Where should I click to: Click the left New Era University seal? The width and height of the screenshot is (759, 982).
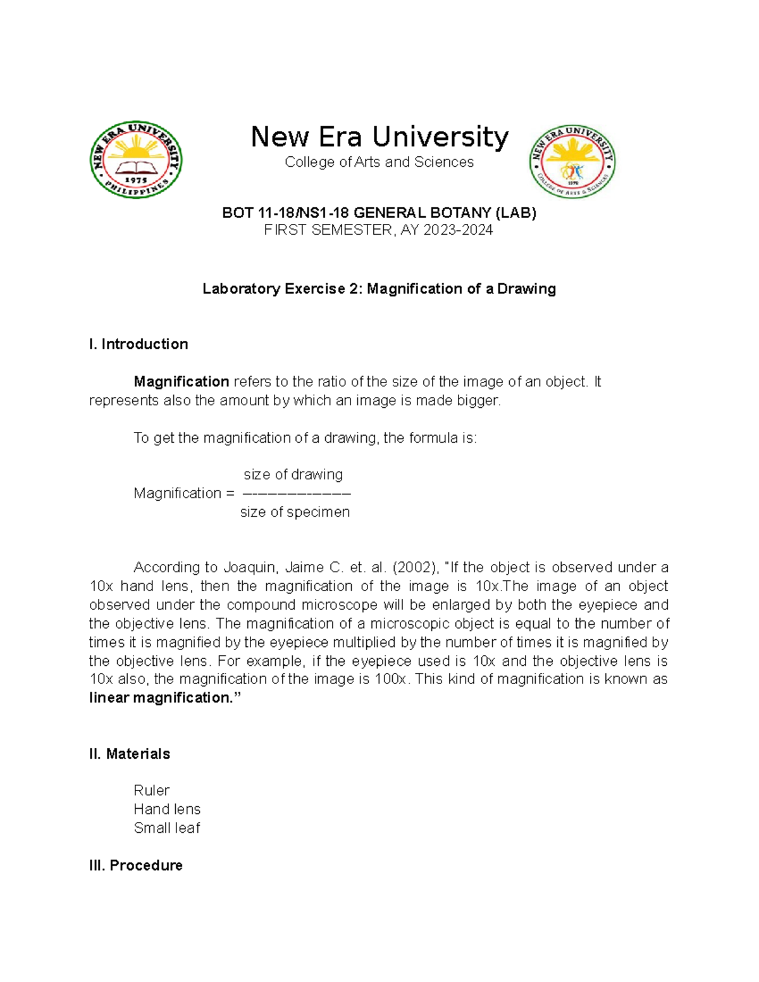136,160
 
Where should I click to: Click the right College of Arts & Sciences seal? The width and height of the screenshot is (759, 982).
572,162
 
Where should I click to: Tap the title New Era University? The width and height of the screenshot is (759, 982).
379,137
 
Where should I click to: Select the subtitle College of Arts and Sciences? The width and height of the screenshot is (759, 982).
379,163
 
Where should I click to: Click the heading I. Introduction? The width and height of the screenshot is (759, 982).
139,345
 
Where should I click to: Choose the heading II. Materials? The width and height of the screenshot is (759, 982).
130,754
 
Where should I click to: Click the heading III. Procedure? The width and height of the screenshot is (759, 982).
136,865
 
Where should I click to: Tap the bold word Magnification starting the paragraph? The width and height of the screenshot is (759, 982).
182,382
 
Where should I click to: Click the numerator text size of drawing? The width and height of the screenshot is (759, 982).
293,474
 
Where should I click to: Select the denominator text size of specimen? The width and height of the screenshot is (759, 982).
295,512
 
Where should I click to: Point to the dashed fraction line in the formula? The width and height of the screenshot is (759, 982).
297,493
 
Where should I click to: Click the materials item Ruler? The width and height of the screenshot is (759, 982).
152,790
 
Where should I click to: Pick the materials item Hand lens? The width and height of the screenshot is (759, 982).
167,809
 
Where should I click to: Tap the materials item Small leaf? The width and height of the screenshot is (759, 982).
167,828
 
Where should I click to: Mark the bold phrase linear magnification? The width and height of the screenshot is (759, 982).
161,698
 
